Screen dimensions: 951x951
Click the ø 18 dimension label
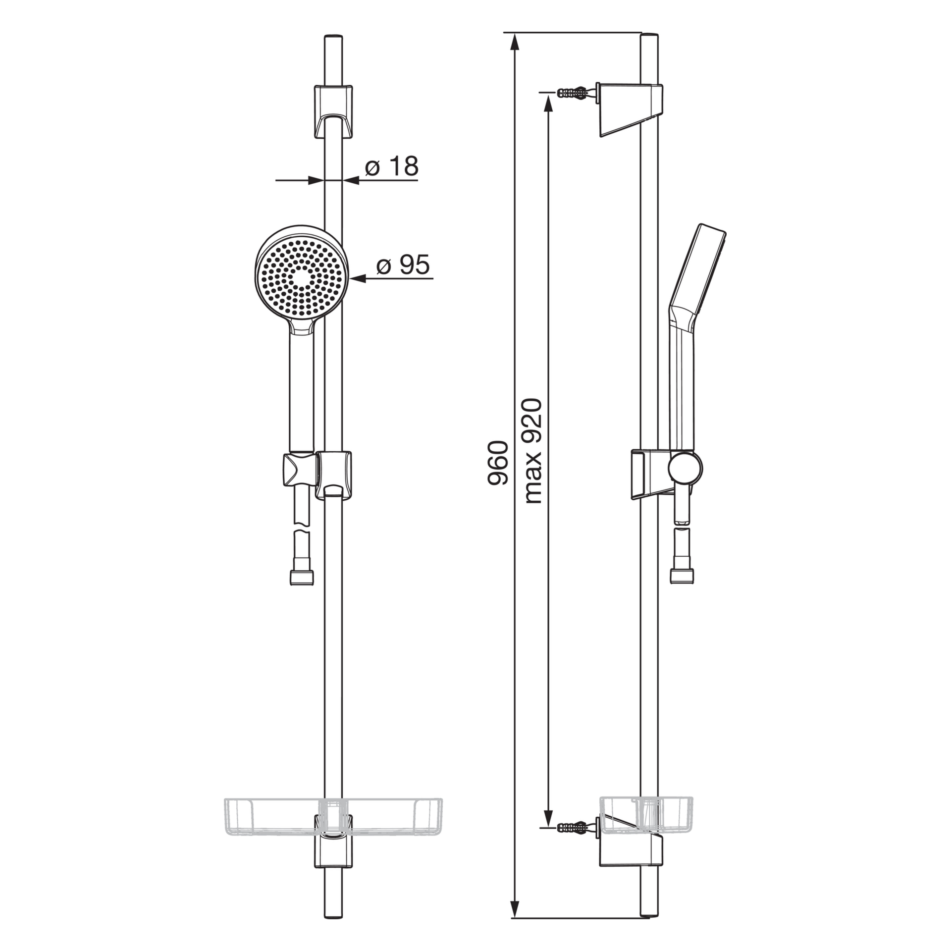[392, 166]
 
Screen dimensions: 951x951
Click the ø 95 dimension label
[403, 265]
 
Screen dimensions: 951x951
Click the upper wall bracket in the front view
[333, 112]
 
